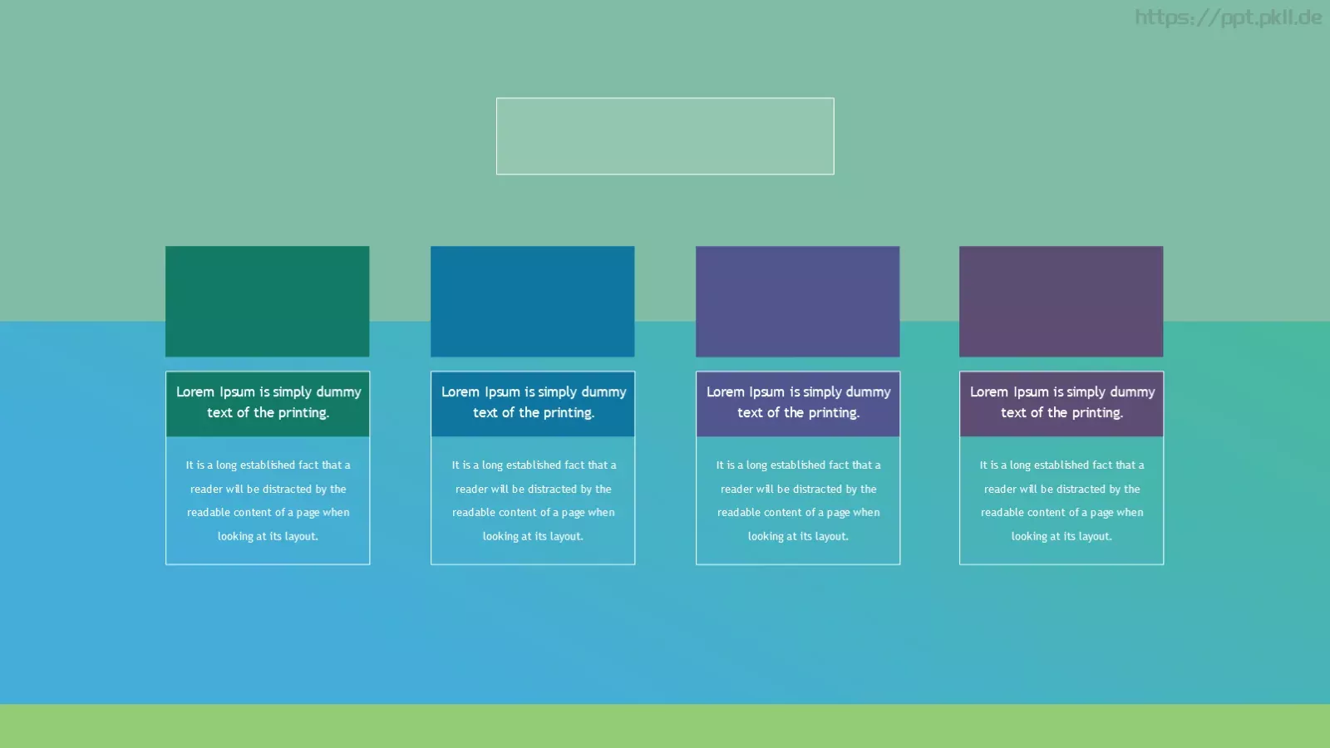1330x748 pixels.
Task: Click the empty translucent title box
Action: pos(665,136)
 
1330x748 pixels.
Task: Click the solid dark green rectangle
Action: pos(267,302)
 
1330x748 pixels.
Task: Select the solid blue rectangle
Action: pos(533,302)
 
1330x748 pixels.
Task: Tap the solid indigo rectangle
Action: pos(797,302)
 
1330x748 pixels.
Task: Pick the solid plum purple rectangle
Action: pos(1061,302)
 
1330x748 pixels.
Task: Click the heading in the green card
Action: pos(268,402)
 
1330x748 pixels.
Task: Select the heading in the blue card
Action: pos(533,402)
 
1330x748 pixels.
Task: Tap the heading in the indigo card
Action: pos(799,402)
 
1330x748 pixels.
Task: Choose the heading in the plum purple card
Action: pos(1062,402)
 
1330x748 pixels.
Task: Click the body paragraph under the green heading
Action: pos(268,500)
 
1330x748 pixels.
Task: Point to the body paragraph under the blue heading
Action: pos(533,500)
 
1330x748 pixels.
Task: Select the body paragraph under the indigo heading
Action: pos(798,500)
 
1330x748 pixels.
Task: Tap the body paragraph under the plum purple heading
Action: pos(1062,500)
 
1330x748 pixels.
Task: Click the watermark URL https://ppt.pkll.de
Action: pos(1228,17)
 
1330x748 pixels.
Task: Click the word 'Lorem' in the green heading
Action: pos(195,391)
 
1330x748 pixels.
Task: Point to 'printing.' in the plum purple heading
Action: pos(1094,413)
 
